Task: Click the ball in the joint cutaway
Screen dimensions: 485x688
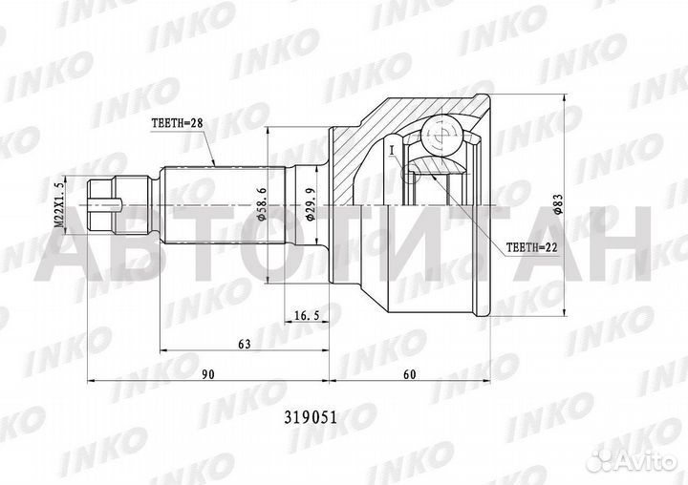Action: tap(441, 136)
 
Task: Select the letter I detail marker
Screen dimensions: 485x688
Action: tap(392, 148)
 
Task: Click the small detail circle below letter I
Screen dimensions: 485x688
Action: tap(410, 173)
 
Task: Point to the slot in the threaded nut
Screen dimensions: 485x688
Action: tap(107, 203)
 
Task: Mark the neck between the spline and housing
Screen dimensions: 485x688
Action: tap(307, 203)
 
